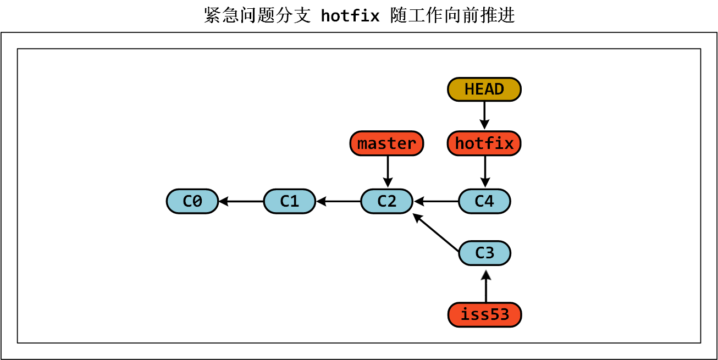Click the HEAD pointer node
click(484, 90)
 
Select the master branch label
click(386, 143)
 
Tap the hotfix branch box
click(484, 143)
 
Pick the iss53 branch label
click(484, 315)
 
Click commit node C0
click(192, 201)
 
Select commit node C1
click(289, 201)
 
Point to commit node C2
click(386, 201)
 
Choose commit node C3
click(484, 253)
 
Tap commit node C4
click(484, 201)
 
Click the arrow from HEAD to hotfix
click(484, 115)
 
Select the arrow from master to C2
click(388, 171)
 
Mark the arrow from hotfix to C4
click(485, 171)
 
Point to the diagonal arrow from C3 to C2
click(436, 233)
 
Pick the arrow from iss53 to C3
click(485, 286)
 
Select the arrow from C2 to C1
click(338, 202)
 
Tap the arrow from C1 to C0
click(241, 202)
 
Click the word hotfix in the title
click(350, 16)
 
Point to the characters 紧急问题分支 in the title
click(258, 15)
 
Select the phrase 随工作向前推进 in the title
click(452, 15)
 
